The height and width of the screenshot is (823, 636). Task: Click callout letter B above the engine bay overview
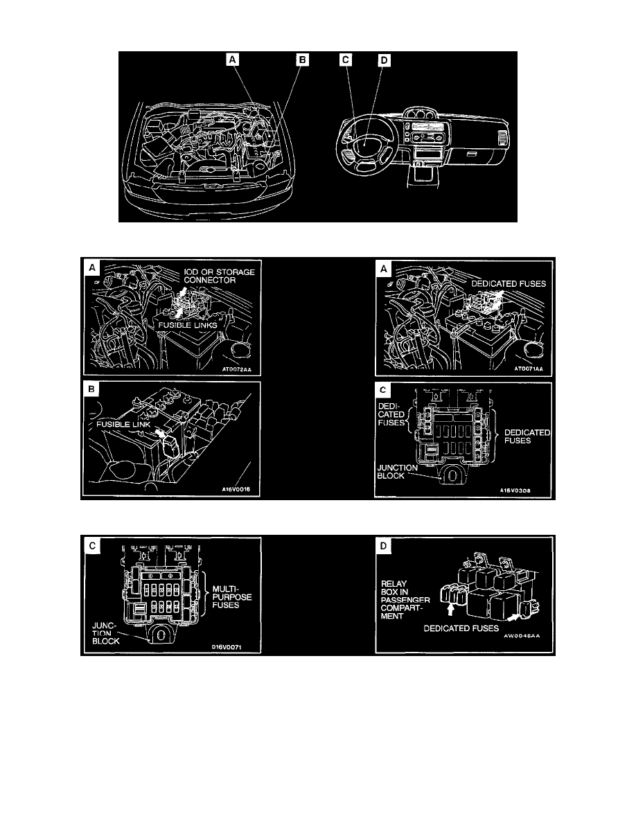(x=302, y=60)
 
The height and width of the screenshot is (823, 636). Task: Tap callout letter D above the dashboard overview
(x=385, y=60)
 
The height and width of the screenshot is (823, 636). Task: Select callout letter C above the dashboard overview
(x=345, y=60)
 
